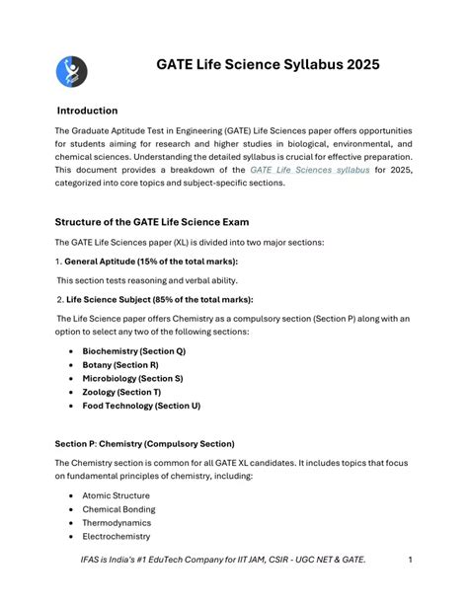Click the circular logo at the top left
(71, 71)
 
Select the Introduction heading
(87, 111)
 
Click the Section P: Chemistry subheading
(144, 444)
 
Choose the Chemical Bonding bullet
(118, 509)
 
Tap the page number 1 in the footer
(410, 561)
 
